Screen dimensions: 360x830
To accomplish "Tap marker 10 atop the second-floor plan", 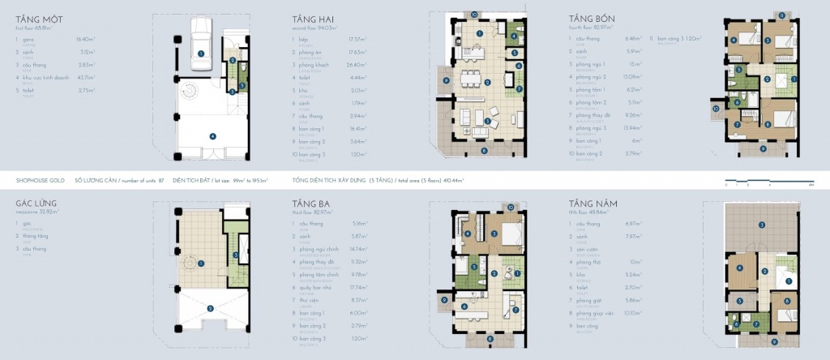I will pyautogui.click(x=474, y=14).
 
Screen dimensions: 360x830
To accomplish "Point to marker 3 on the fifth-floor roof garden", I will pyautogui.click(x=759, y=225).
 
